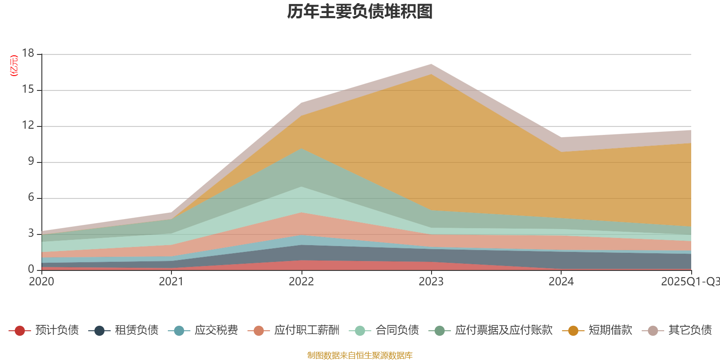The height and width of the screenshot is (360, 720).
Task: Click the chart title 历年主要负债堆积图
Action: click(x=360, y=12)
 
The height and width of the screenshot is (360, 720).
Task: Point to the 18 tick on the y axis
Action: click(x=28, y=54)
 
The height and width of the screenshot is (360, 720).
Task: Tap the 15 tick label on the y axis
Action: click(x=28, y=90)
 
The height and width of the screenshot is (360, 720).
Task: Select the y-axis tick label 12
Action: click(x=28, y=126)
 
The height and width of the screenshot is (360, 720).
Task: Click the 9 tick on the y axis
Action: click(x=31, y=162)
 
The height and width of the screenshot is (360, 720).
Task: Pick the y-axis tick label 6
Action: click(x=31, y=198)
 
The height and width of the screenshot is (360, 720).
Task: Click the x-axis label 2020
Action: click(x=41, y=282)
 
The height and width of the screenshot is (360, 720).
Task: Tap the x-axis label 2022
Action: click(x=301, y=282)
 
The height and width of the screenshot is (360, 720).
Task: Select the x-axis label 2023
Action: click(x=431, y=282)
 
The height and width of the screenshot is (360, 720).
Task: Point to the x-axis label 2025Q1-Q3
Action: click(x=689, y=282)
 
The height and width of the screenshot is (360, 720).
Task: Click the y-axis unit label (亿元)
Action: click(x=14, y=66)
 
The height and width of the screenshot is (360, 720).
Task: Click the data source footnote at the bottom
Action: click(x=360, y=355)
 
